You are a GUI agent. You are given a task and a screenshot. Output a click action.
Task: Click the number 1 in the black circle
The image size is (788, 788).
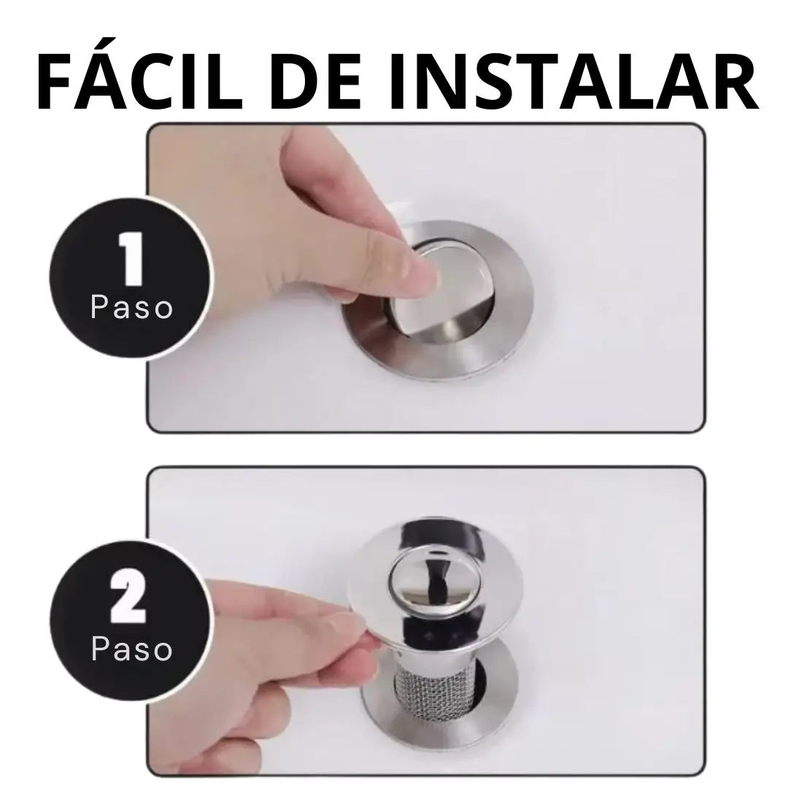(131, 258)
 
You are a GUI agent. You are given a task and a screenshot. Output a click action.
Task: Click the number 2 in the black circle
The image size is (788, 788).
(128, 600)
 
